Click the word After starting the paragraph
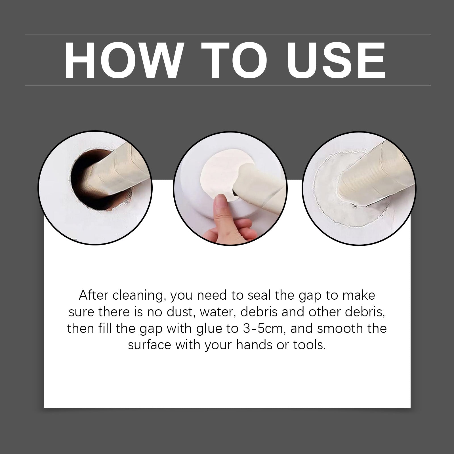pyautogui.click(x=94, y=295)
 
